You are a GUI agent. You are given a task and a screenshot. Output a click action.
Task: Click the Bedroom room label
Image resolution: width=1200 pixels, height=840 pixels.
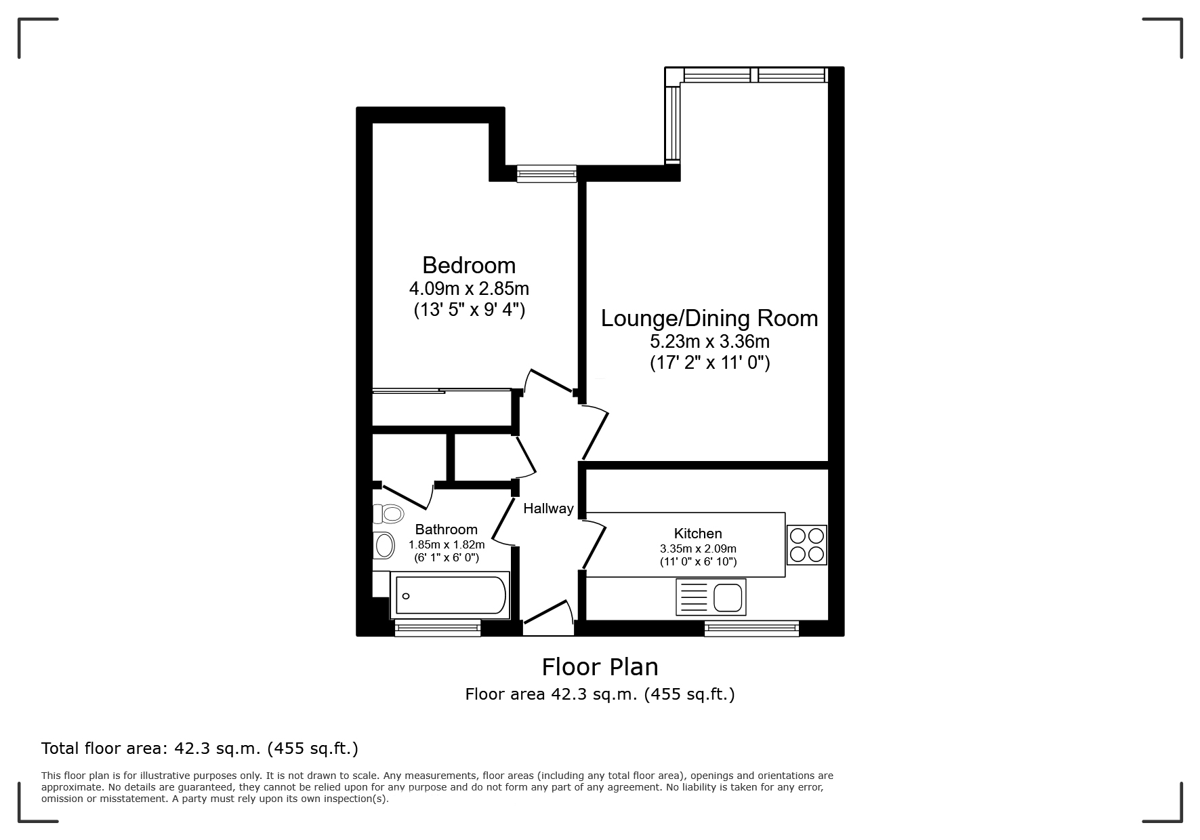coord(469,265)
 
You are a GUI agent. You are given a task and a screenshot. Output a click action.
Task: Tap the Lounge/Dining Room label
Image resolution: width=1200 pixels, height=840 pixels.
coord(709,319)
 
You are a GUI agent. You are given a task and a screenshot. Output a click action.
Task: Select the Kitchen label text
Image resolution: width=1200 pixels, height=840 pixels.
coord(698,534)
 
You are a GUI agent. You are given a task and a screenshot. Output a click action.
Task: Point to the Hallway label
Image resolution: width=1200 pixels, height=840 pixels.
coord(548,508)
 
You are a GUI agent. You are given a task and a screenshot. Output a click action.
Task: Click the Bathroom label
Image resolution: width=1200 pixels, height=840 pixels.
coord(446,529)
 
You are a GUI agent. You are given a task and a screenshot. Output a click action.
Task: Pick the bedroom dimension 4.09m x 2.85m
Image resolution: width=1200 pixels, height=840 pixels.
coord(469,289)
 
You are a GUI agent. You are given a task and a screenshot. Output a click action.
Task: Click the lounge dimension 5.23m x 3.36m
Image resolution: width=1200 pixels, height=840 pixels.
coord(709,341)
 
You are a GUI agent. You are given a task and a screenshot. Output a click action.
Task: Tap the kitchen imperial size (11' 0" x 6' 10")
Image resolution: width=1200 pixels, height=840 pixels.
coord(698,562)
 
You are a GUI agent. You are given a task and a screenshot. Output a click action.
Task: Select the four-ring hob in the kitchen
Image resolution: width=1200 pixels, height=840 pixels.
coord(806,545)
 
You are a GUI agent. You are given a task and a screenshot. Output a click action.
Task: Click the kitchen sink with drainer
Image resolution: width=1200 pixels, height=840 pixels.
coord(711,597)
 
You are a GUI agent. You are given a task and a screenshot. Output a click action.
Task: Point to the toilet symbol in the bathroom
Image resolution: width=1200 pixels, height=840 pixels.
coord(388,514)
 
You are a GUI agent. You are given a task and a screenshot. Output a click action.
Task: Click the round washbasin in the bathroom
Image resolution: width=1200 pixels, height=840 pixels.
coord(384,545)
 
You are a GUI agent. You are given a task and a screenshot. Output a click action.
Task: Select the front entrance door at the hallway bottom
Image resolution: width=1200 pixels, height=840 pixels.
coord(547,617)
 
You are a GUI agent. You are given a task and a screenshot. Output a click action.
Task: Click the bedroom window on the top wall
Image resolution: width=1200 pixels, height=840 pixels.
coord(546,174)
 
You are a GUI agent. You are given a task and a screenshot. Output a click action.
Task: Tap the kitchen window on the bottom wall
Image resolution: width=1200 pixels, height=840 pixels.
coord(751,628)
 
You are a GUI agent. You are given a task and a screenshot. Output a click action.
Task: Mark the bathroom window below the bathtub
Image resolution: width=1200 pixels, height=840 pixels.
coord(438,628)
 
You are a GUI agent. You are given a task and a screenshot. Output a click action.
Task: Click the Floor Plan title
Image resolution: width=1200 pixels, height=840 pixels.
coord(600,667)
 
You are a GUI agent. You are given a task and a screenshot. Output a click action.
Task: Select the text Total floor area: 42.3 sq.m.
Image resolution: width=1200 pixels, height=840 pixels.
coord(199,748)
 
